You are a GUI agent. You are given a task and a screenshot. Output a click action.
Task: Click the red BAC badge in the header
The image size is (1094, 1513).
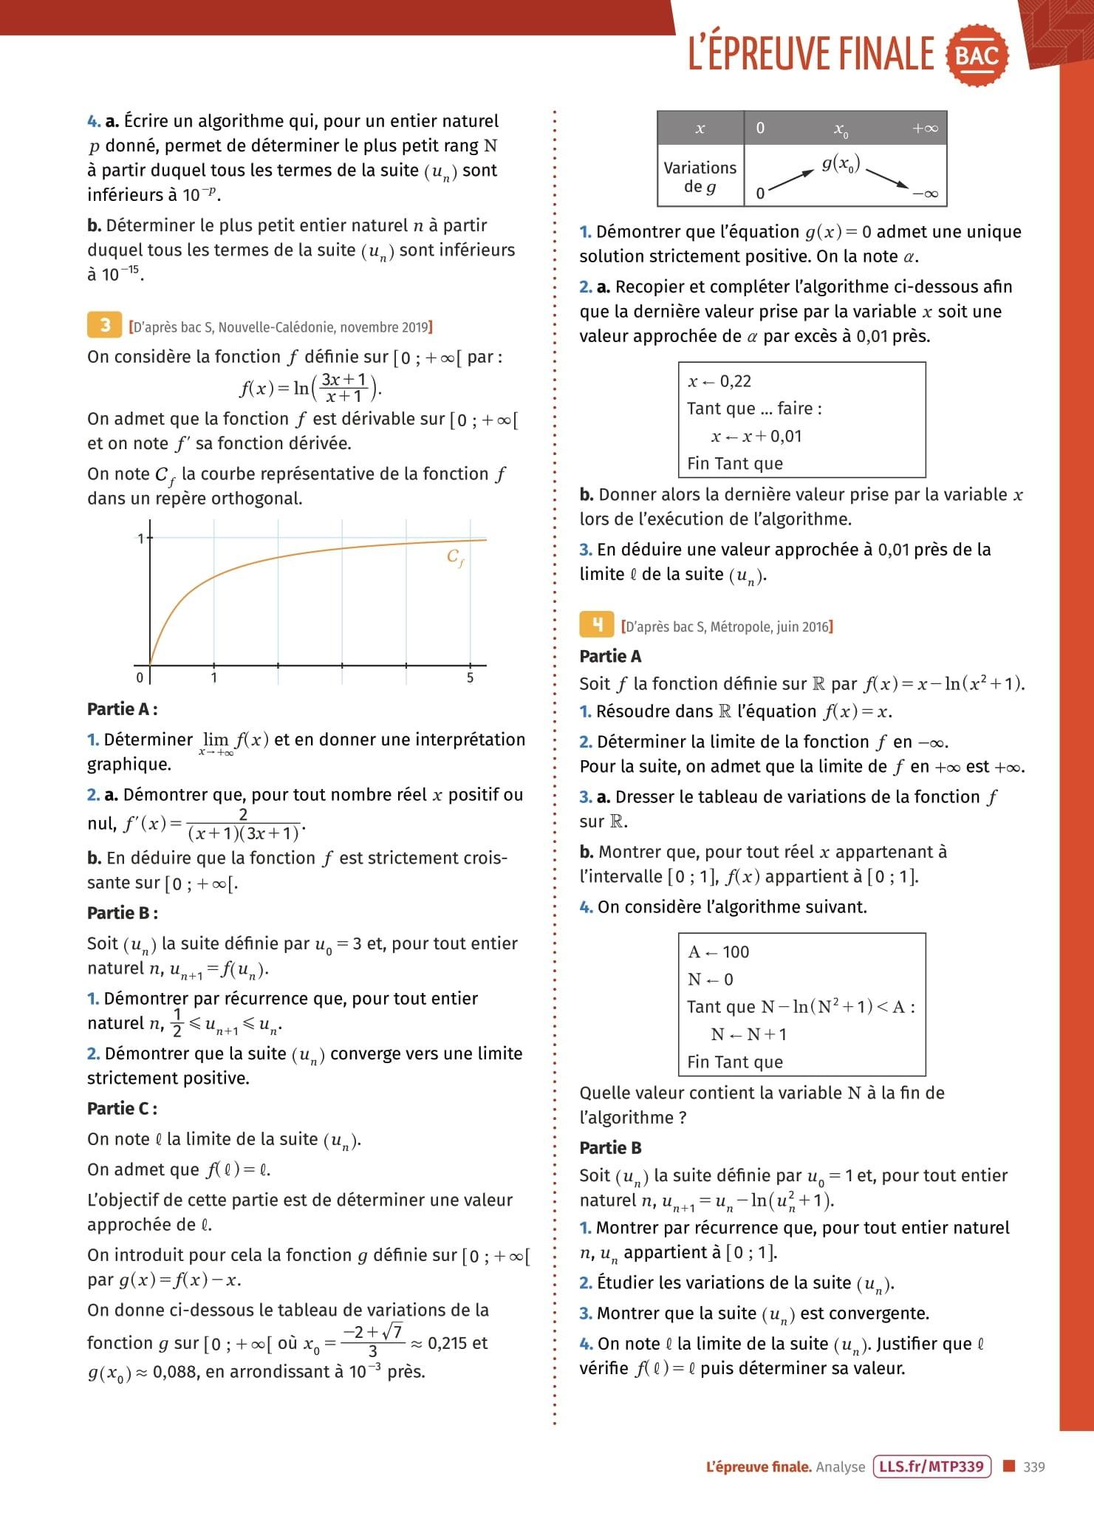(x=977, y=55)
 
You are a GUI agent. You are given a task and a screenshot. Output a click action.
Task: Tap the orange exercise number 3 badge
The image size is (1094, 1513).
(x=105, y=325)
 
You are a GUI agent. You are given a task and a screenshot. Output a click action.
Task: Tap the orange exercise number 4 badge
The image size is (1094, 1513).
(x=597, y=625)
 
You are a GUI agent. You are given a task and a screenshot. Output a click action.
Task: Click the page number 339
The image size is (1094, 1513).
(x=1034, y=1467)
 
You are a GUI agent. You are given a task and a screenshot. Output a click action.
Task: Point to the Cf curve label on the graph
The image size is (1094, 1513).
(x=455, y=558)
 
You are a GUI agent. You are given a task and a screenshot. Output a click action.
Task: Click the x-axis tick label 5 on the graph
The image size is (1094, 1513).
(x=470, y=678)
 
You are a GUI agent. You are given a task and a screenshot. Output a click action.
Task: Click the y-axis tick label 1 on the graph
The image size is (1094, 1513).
(x=140, y=539)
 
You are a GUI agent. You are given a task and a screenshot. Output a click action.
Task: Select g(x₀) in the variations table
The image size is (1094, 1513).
(x=841, y=164)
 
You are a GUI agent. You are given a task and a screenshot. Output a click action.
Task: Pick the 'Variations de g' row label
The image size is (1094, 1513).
(x=700, y=177)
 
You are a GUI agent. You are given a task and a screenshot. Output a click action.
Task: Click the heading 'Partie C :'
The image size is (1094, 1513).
(x=122, y=1108)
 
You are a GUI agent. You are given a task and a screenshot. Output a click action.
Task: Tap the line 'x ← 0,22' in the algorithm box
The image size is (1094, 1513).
(x=719, y=381)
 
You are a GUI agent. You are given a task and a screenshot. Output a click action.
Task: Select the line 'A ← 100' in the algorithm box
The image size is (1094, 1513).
(x=718, y=952)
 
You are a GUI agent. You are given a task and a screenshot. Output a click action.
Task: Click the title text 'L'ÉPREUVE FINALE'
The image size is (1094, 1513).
(x=811, y=54)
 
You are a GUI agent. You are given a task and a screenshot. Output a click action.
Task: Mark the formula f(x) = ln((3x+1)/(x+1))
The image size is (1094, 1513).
(x=310, y=387)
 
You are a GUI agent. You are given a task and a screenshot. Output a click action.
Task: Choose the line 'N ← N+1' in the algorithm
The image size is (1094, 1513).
(x=748, y=1034)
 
